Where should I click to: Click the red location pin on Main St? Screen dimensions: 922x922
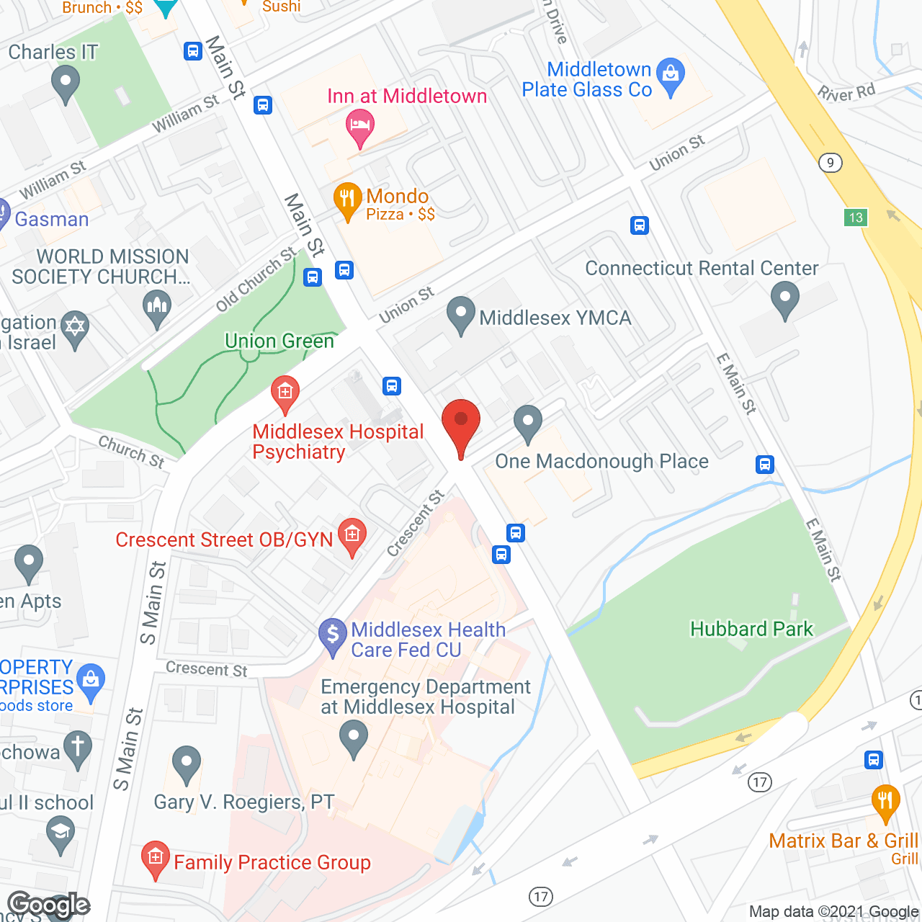coord(460,425)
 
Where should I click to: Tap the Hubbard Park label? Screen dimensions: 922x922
coord(751,629)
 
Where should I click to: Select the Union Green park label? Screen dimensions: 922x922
coord(279,341)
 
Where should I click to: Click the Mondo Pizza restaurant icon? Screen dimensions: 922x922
coord(347,201)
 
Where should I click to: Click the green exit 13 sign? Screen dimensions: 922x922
coord(856,218)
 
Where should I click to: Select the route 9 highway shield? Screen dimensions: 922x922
coord(831,163)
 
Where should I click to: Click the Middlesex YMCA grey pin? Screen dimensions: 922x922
coord(460,314)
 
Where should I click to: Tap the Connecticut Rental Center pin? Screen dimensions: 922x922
coord(784,298)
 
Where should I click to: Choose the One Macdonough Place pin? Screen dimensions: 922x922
coord(528,423)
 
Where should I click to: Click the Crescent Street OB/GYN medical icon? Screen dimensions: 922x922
coord(352,537)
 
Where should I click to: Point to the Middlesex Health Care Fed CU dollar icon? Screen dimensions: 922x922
coord(333,635)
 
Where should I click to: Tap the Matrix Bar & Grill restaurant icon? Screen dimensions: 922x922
coord(885,802)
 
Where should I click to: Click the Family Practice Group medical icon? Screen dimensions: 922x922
coord(155,859)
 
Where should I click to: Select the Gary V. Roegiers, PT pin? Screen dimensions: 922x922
coord(187,764)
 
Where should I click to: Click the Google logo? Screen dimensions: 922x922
coord(49,905)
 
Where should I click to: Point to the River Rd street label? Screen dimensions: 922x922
coord(846,92)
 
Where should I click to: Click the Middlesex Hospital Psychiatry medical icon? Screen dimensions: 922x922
coord(285,394)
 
